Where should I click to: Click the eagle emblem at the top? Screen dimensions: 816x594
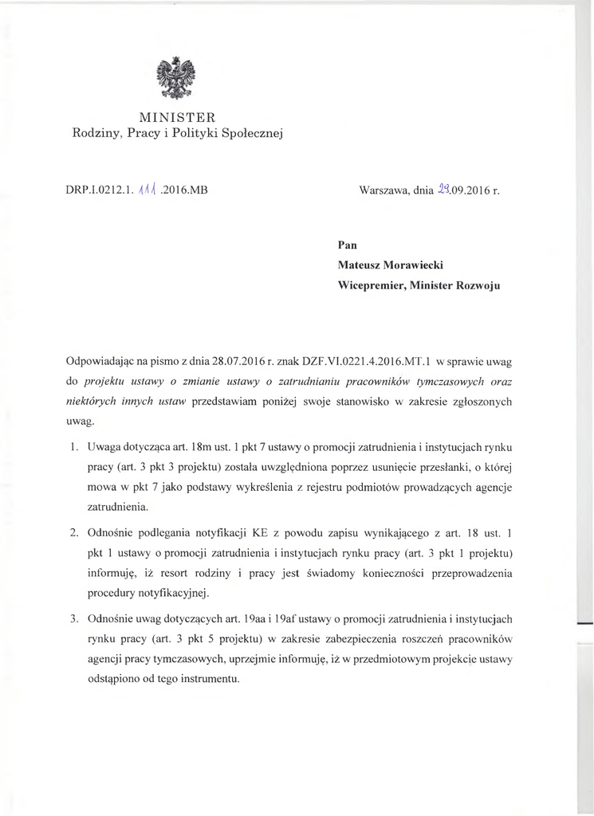176,77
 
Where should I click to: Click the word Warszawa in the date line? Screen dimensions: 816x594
385,191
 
